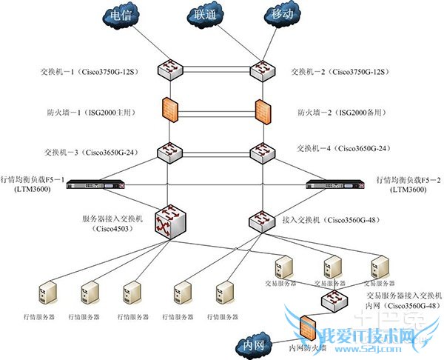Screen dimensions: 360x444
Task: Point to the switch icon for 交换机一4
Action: tap(263, 152)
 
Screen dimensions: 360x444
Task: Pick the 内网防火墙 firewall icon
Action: tap(309, 327)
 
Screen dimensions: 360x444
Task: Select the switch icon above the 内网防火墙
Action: tap(334, 299)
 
